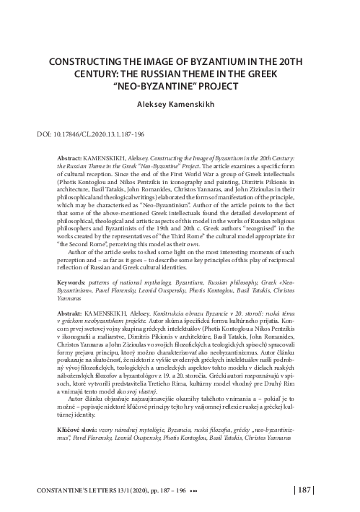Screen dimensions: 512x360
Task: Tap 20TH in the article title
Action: (x=297, y=62)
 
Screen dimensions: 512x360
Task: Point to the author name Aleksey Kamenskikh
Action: (x=180, y=104)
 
